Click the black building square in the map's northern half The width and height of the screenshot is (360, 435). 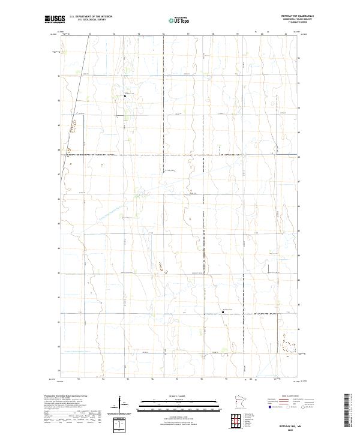tap(125, 95)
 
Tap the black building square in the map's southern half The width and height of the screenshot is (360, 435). tap(223, 311)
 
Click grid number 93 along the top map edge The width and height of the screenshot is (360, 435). tap(89, 35)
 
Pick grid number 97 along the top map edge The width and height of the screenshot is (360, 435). tap(188, 35)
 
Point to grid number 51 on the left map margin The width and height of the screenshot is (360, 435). tap(59, 76)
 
